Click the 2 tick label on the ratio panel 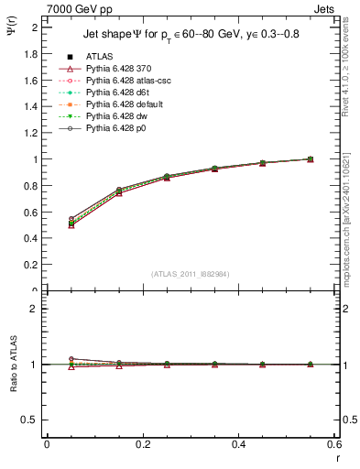[34, 309]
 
